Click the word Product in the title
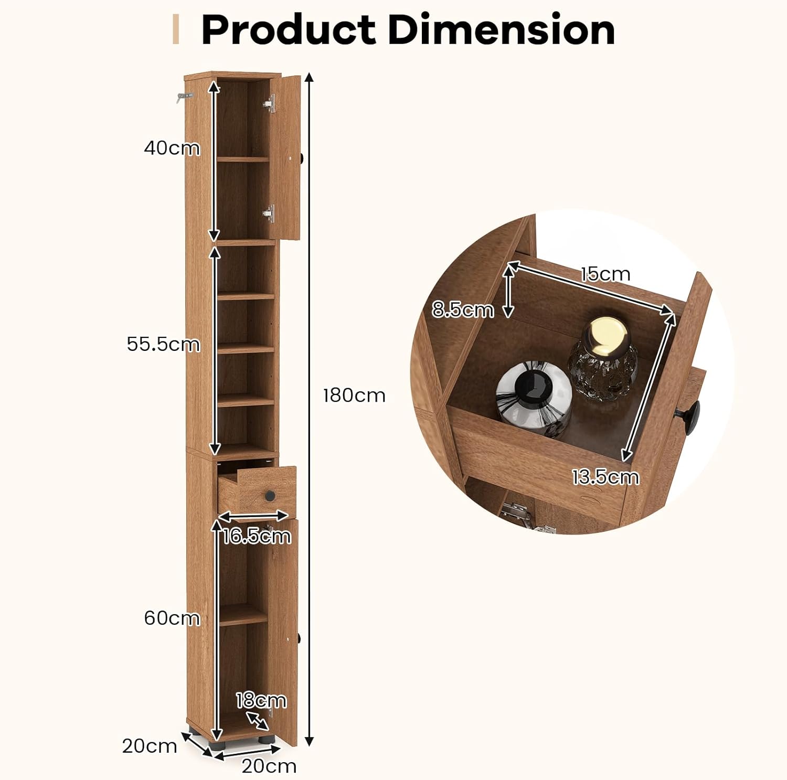point(289,29)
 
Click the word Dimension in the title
point(502,29)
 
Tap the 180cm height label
point(354,395)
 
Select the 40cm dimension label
point(172,148)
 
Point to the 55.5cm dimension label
point(163,344)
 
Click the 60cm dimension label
point(172,618)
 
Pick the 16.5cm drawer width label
point(257,536)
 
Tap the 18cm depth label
point(261,700)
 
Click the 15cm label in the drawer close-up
point(605,274)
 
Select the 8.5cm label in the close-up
point(463,309)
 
